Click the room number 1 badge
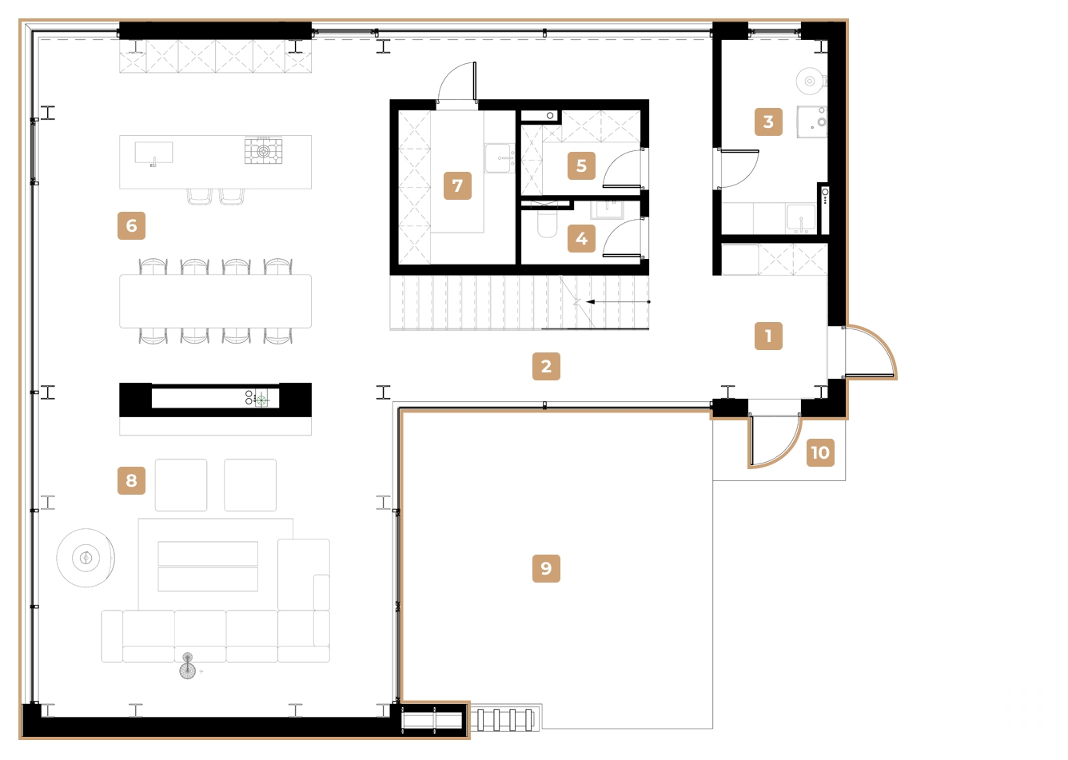768,336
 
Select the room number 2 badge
546,366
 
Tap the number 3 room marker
768,121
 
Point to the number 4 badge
581,238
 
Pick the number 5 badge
581,165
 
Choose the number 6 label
132,225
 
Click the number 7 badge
457,185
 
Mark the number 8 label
132,480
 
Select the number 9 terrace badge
546,568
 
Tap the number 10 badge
820,452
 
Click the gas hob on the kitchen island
263,150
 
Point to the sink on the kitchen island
153,153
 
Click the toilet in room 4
548,221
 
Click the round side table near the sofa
85,557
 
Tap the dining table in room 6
215,301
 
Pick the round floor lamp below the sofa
187,666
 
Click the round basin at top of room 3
810,81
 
